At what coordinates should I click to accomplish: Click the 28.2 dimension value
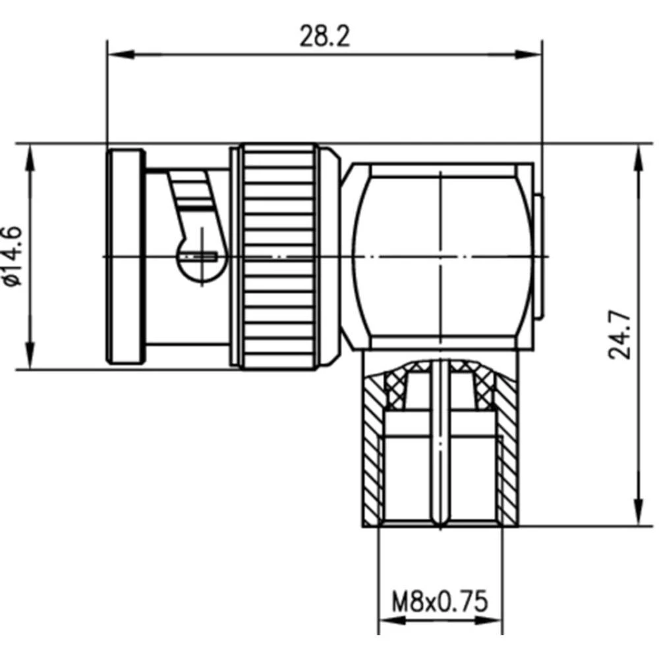324,37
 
